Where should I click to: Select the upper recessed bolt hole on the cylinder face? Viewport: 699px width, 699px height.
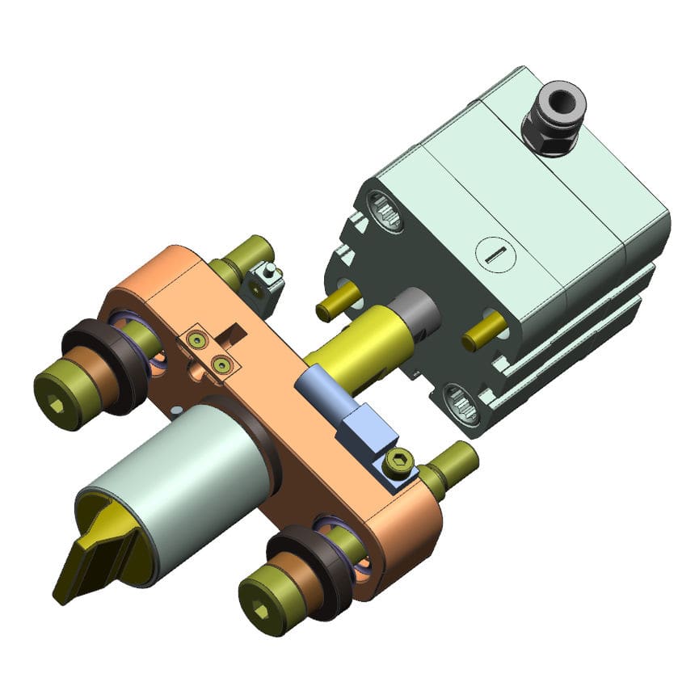[x=386, y=212]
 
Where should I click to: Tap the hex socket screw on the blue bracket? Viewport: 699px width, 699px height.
[x=398, y=463]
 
